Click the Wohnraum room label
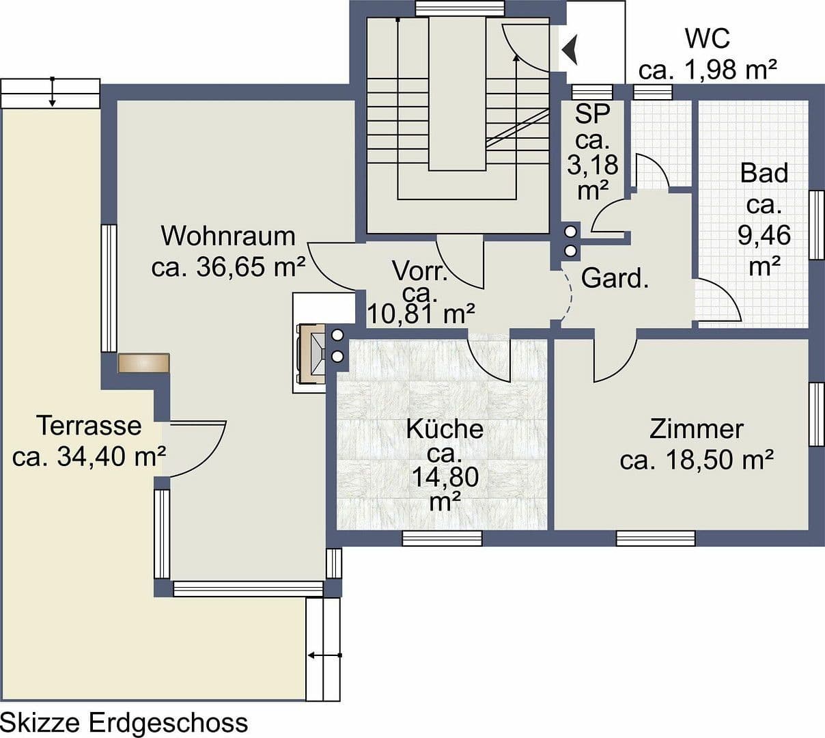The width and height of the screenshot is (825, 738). [228, 236]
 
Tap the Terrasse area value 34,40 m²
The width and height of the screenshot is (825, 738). [89, 457]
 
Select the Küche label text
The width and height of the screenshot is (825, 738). [445, 430]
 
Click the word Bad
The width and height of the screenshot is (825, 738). [764, 174]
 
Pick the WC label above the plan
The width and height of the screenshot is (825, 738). [708, 39]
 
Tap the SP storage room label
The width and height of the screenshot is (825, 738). [591, 114]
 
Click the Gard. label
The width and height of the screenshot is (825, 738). [615, 279]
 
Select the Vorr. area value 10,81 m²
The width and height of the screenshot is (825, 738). [421, 315]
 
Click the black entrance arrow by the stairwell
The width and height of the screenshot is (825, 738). [570, 49]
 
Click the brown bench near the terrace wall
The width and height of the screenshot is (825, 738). [143, 363]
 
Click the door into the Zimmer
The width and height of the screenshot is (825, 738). [614, 359]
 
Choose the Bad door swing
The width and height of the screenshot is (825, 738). [718, 301]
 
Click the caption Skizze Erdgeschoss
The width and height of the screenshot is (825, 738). [124, 722]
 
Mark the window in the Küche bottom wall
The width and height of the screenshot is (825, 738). [442, 538]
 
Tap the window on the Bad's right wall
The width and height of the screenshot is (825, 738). [816, 225]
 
